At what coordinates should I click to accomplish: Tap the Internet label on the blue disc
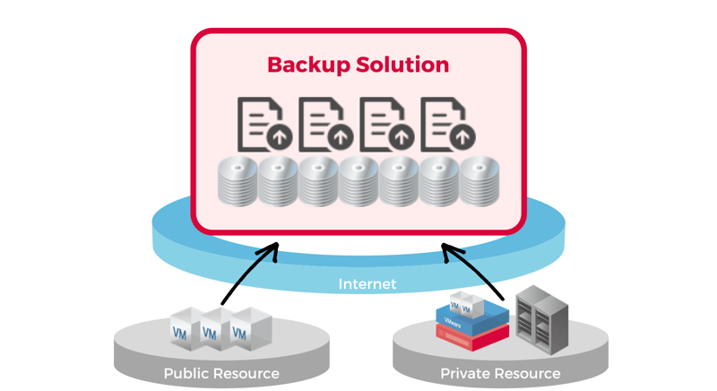(x=367, y=284)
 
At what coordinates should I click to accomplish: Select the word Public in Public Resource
(x=187, y=373)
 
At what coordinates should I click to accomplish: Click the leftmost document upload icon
(x=261, y=125)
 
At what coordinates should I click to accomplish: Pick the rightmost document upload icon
(x=445, y=125)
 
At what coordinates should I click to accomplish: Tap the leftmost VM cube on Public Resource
(x=182, y=330)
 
